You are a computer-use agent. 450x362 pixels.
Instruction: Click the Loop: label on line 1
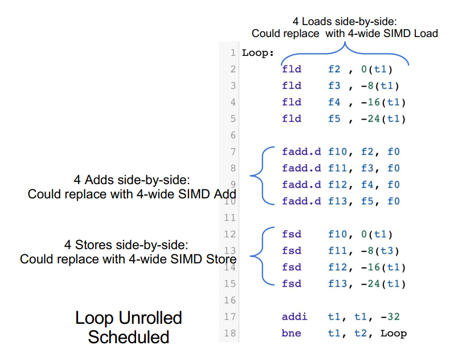[x=257, y=53]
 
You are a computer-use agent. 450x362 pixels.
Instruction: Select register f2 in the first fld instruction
[x=334, y=69]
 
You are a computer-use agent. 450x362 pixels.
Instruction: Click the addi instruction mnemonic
[x=294, y=316]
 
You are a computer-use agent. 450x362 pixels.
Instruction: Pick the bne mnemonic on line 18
[x=291, y=333]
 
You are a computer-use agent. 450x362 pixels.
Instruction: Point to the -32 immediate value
[x=390, y=316]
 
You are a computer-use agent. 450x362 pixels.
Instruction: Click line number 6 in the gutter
[x=233, y=135]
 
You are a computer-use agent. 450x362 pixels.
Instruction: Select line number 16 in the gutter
[x=230, y=300]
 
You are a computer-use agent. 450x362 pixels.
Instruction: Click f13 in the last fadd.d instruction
[x=337, y=201]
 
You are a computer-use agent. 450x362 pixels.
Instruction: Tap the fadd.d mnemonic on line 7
[x=301, y=152]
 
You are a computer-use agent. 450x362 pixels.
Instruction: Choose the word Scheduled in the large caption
[x=129, y=337]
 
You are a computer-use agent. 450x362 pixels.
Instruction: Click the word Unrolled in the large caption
[x=150, y=318]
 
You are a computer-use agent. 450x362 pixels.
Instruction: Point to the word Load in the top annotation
[x=426, y=33]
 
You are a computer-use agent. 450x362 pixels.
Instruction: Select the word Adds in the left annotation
[x=100, y=180]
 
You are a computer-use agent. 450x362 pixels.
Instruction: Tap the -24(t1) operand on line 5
[x=383, y=119]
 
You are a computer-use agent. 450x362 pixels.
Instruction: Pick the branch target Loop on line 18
[x=394, y=333]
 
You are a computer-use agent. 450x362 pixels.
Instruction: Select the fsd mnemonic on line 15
[x=292, y=284]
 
